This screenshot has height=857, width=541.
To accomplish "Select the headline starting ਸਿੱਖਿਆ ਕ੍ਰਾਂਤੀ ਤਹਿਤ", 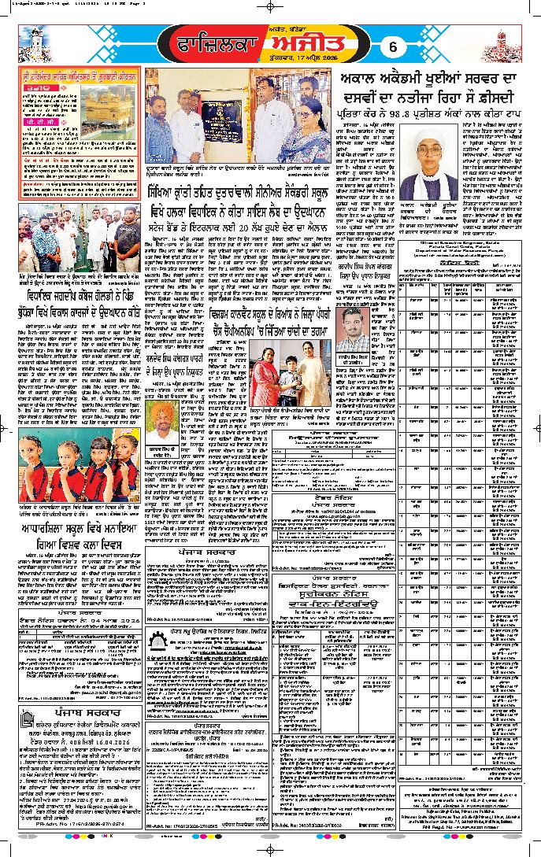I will coord(236,193).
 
